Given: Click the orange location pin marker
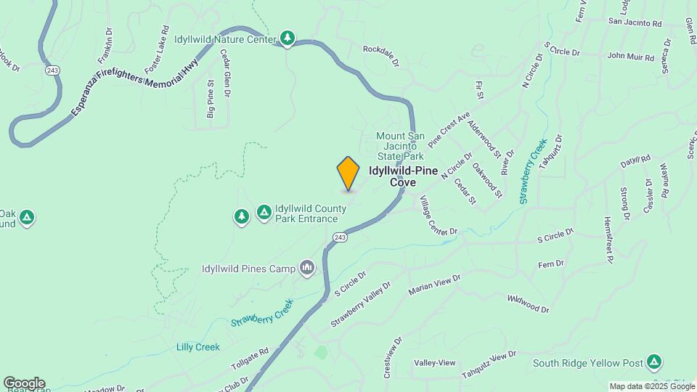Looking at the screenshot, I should point(348,173).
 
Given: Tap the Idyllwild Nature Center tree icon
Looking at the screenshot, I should point(288,38).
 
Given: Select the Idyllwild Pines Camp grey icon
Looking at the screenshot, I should point(307,269).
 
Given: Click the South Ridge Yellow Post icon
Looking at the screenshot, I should point(654,361).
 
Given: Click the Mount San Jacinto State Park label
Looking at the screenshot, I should point(400,146).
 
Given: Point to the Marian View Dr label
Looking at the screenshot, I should point(434,285).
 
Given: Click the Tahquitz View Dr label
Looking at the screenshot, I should point(489,365).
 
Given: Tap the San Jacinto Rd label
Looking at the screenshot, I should point(635,23).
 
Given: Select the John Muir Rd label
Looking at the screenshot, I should point(626,55).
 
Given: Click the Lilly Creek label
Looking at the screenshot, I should point(197,347).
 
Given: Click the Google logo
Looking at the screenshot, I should point(24,383).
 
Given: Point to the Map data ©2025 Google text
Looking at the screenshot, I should point(651,386).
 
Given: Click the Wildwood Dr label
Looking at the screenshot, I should point(529,303).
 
